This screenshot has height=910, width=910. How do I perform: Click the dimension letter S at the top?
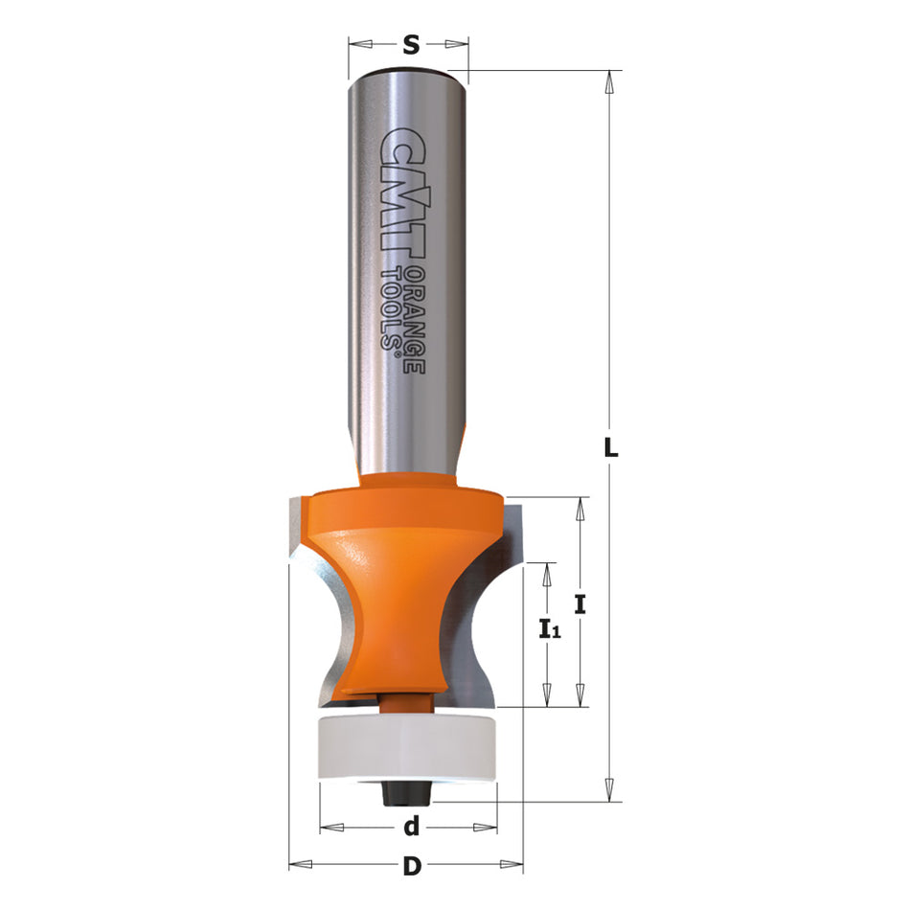410,44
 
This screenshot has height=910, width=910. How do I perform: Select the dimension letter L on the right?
610,446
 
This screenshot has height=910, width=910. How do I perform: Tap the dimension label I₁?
549,629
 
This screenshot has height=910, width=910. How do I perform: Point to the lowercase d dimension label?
411,826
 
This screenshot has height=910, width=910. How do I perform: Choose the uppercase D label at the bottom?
411,867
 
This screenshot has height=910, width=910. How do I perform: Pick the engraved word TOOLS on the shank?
392,311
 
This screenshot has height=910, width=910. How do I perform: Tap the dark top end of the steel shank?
409,70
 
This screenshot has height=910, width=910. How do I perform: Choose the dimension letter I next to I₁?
580,604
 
